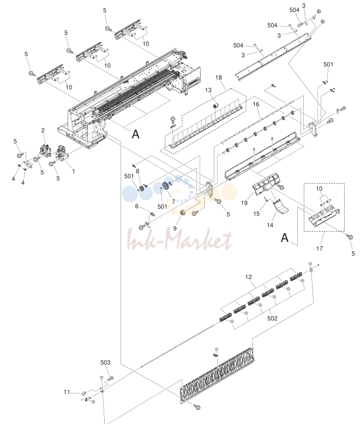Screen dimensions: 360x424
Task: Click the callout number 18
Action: [x=218, y=77]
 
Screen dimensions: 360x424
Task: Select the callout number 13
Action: [x=208, y=90]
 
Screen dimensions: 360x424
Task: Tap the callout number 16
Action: [x=256, y=104]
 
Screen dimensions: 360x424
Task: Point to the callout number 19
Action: [x=244, y=203]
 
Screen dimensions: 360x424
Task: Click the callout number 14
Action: [x=270, y=225]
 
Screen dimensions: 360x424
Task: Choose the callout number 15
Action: [x=256, y=214]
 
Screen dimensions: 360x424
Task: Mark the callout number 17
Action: [x=320, y=248]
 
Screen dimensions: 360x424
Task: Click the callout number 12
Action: [x=249, y=277]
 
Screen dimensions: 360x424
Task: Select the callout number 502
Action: [x=272, y=318]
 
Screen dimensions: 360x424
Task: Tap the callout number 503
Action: [x=105, y=362]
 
